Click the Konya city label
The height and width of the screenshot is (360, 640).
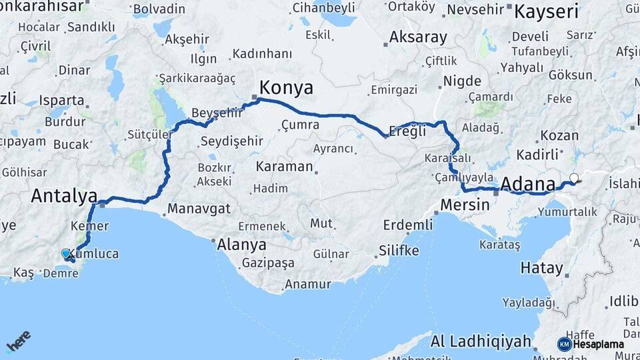click(286, 87)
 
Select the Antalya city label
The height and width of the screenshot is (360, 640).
click(64, 196)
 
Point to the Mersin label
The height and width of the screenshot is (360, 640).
click(465, 204)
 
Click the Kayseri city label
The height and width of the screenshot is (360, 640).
click(546, 11)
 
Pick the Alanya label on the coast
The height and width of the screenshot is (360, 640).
click(241, 244)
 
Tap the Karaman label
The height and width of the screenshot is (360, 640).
click(283, 166)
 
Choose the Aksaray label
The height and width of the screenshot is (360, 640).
click(418, 37)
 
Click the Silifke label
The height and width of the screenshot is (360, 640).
click(399, 250)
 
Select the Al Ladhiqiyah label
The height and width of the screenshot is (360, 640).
click(481, 341)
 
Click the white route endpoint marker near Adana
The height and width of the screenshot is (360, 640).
click(574, 178)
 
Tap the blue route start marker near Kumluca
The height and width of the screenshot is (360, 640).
click(65, 253)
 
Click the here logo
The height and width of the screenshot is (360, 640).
click(18, 341)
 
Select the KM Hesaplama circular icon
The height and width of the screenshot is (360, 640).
click(564, 344)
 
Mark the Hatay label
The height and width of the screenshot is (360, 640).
click(541, 269)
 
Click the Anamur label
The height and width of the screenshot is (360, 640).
click(307, 284)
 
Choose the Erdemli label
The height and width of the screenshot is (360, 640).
click(409, 225)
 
